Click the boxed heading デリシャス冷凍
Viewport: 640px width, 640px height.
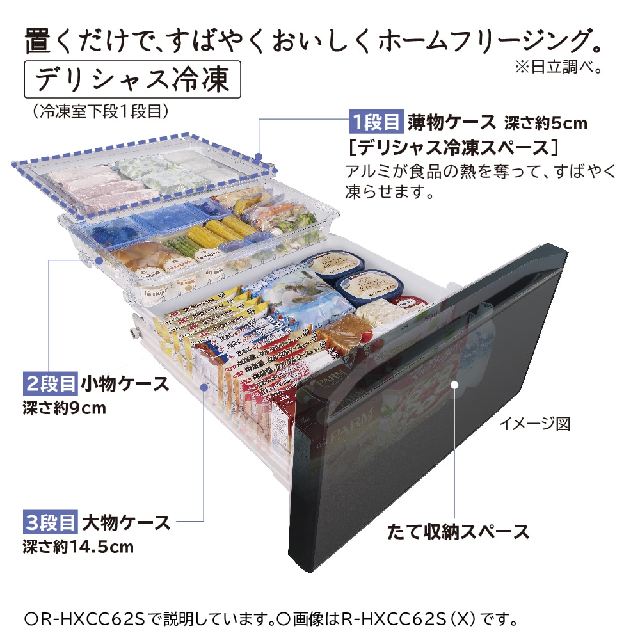132,79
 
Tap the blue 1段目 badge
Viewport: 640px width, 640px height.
376,121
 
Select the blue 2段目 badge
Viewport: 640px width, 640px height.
50,384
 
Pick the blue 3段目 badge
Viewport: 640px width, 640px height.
50,522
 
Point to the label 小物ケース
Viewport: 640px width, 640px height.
125,384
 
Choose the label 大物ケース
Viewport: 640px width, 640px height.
126,522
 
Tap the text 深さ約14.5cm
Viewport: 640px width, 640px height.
77,547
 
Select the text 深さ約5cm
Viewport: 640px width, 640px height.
546,122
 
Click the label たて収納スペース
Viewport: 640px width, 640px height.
458,531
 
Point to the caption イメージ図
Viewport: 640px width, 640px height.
534,424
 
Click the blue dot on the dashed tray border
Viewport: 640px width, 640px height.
259,156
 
